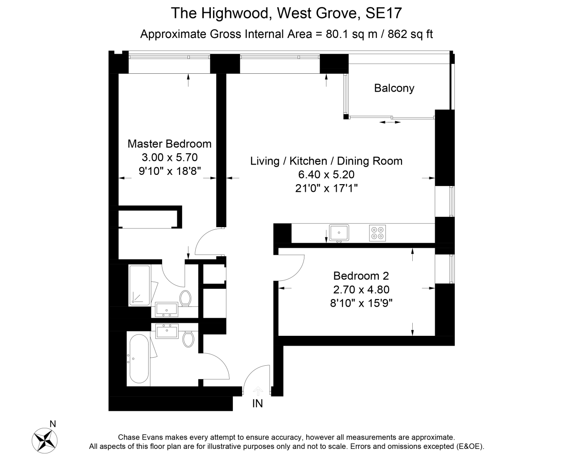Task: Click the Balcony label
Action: click(394, 88)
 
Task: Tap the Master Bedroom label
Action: click(169, 144)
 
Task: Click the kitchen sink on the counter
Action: click(339, 233)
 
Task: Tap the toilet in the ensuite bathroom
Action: click(185, 297)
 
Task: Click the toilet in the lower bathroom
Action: click(188, 338)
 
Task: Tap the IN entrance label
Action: click(257, 404)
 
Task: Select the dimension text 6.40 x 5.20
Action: click(326, 175)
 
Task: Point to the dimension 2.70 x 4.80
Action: click(361, 289)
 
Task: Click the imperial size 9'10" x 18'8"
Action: click(169, 171)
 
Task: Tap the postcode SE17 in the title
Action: click(384, 13)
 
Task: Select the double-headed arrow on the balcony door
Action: click(390, 122)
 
